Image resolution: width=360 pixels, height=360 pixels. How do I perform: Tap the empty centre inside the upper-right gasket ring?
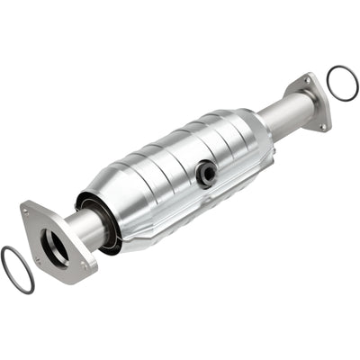341,83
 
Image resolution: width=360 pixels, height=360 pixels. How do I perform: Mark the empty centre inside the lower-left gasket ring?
18,269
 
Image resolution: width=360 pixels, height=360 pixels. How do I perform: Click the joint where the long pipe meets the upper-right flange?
300,106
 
